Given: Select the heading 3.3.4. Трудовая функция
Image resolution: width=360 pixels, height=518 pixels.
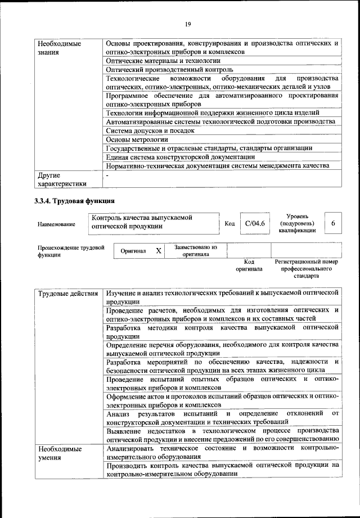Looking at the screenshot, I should coord(75,200).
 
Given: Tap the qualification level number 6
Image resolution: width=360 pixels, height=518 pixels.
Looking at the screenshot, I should coord(333,224).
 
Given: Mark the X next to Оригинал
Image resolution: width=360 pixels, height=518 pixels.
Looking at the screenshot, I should coord(159,251).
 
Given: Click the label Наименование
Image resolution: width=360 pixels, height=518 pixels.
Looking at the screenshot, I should coord(56,224).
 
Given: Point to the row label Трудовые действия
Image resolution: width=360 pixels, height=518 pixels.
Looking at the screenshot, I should coord(69,294).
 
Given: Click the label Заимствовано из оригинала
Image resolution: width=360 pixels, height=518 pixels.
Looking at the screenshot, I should coord(196,250).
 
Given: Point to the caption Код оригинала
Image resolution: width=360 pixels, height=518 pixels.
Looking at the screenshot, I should coord(250,265).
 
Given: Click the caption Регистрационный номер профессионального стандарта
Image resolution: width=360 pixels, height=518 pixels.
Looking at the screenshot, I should coord(307,269).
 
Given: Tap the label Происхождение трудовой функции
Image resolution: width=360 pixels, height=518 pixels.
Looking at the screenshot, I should coord(71,250).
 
